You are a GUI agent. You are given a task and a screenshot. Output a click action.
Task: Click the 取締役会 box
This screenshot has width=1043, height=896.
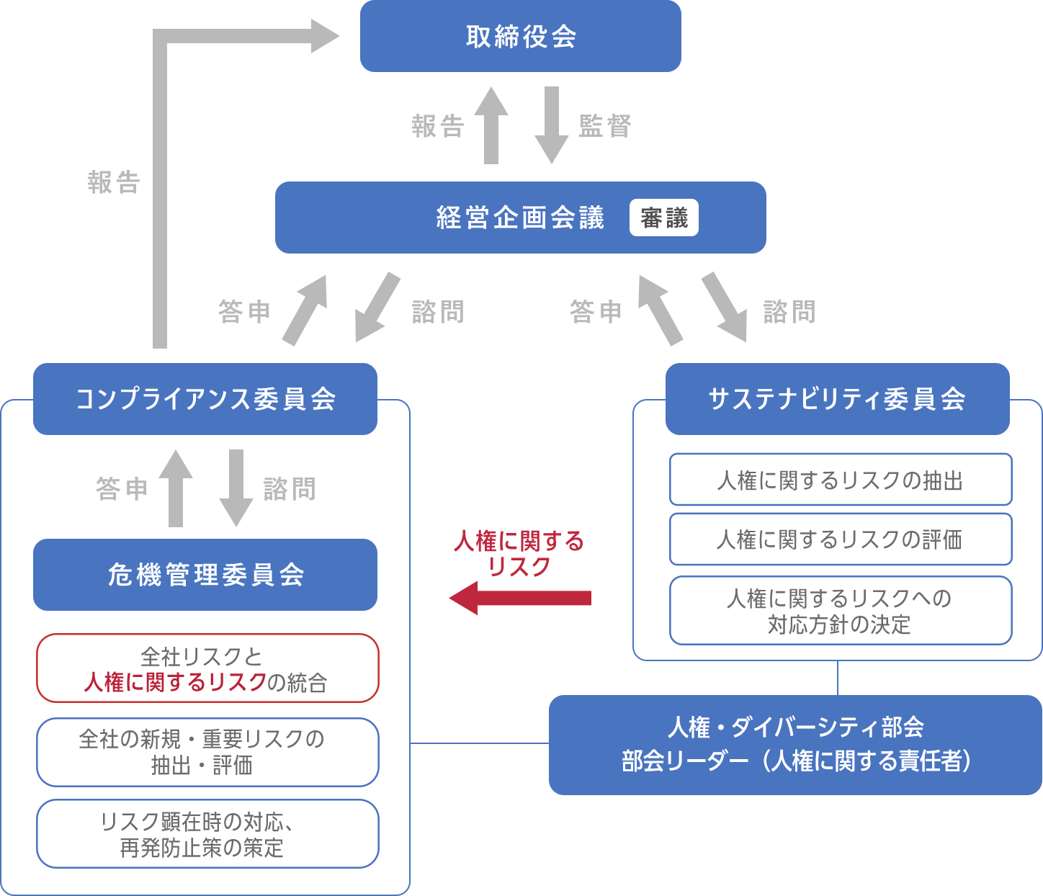[520, 36]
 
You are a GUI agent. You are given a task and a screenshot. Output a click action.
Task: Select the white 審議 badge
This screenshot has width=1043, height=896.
[663, 218]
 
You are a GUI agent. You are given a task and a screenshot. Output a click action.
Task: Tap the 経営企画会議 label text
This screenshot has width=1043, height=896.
[520, 218]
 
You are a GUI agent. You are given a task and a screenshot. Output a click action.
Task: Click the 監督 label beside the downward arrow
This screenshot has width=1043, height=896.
[605, 126]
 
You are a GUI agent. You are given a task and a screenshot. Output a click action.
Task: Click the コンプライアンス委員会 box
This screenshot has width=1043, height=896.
[205, 399]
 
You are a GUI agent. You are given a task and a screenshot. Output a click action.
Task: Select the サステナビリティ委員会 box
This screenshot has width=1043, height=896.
[837, 399]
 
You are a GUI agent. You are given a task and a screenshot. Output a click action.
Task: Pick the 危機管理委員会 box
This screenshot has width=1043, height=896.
[205, 575]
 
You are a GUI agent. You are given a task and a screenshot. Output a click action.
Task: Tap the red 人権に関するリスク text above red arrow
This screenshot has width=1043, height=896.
[519, 553]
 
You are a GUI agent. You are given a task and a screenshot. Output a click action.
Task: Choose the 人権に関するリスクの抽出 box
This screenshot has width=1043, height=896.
[840, 480]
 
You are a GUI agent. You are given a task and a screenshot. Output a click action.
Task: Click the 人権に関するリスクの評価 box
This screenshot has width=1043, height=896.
[840, 539]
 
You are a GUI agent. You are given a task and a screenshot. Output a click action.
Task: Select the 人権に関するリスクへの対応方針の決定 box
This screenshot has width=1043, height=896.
[840, 611]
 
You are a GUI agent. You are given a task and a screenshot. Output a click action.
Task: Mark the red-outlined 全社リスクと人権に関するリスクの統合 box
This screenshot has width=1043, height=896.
[207, 668]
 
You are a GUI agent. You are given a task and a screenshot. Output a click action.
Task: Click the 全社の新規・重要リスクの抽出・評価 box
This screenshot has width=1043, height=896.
[207, 752]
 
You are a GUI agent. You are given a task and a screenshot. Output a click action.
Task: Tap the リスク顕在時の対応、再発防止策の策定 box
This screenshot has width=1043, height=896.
[207, 834]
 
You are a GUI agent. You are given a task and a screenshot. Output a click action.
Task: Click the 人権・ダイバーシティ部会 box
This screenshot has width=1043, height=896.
[795, 745]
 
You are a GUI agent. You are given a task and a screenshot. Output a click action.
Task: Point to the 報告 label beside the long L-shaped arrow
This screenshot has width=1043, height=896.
[113, 182]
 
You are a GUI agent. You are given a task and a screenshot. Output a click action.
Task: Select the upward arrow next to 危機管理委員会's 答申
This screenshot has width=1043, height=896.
[176, 488]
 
